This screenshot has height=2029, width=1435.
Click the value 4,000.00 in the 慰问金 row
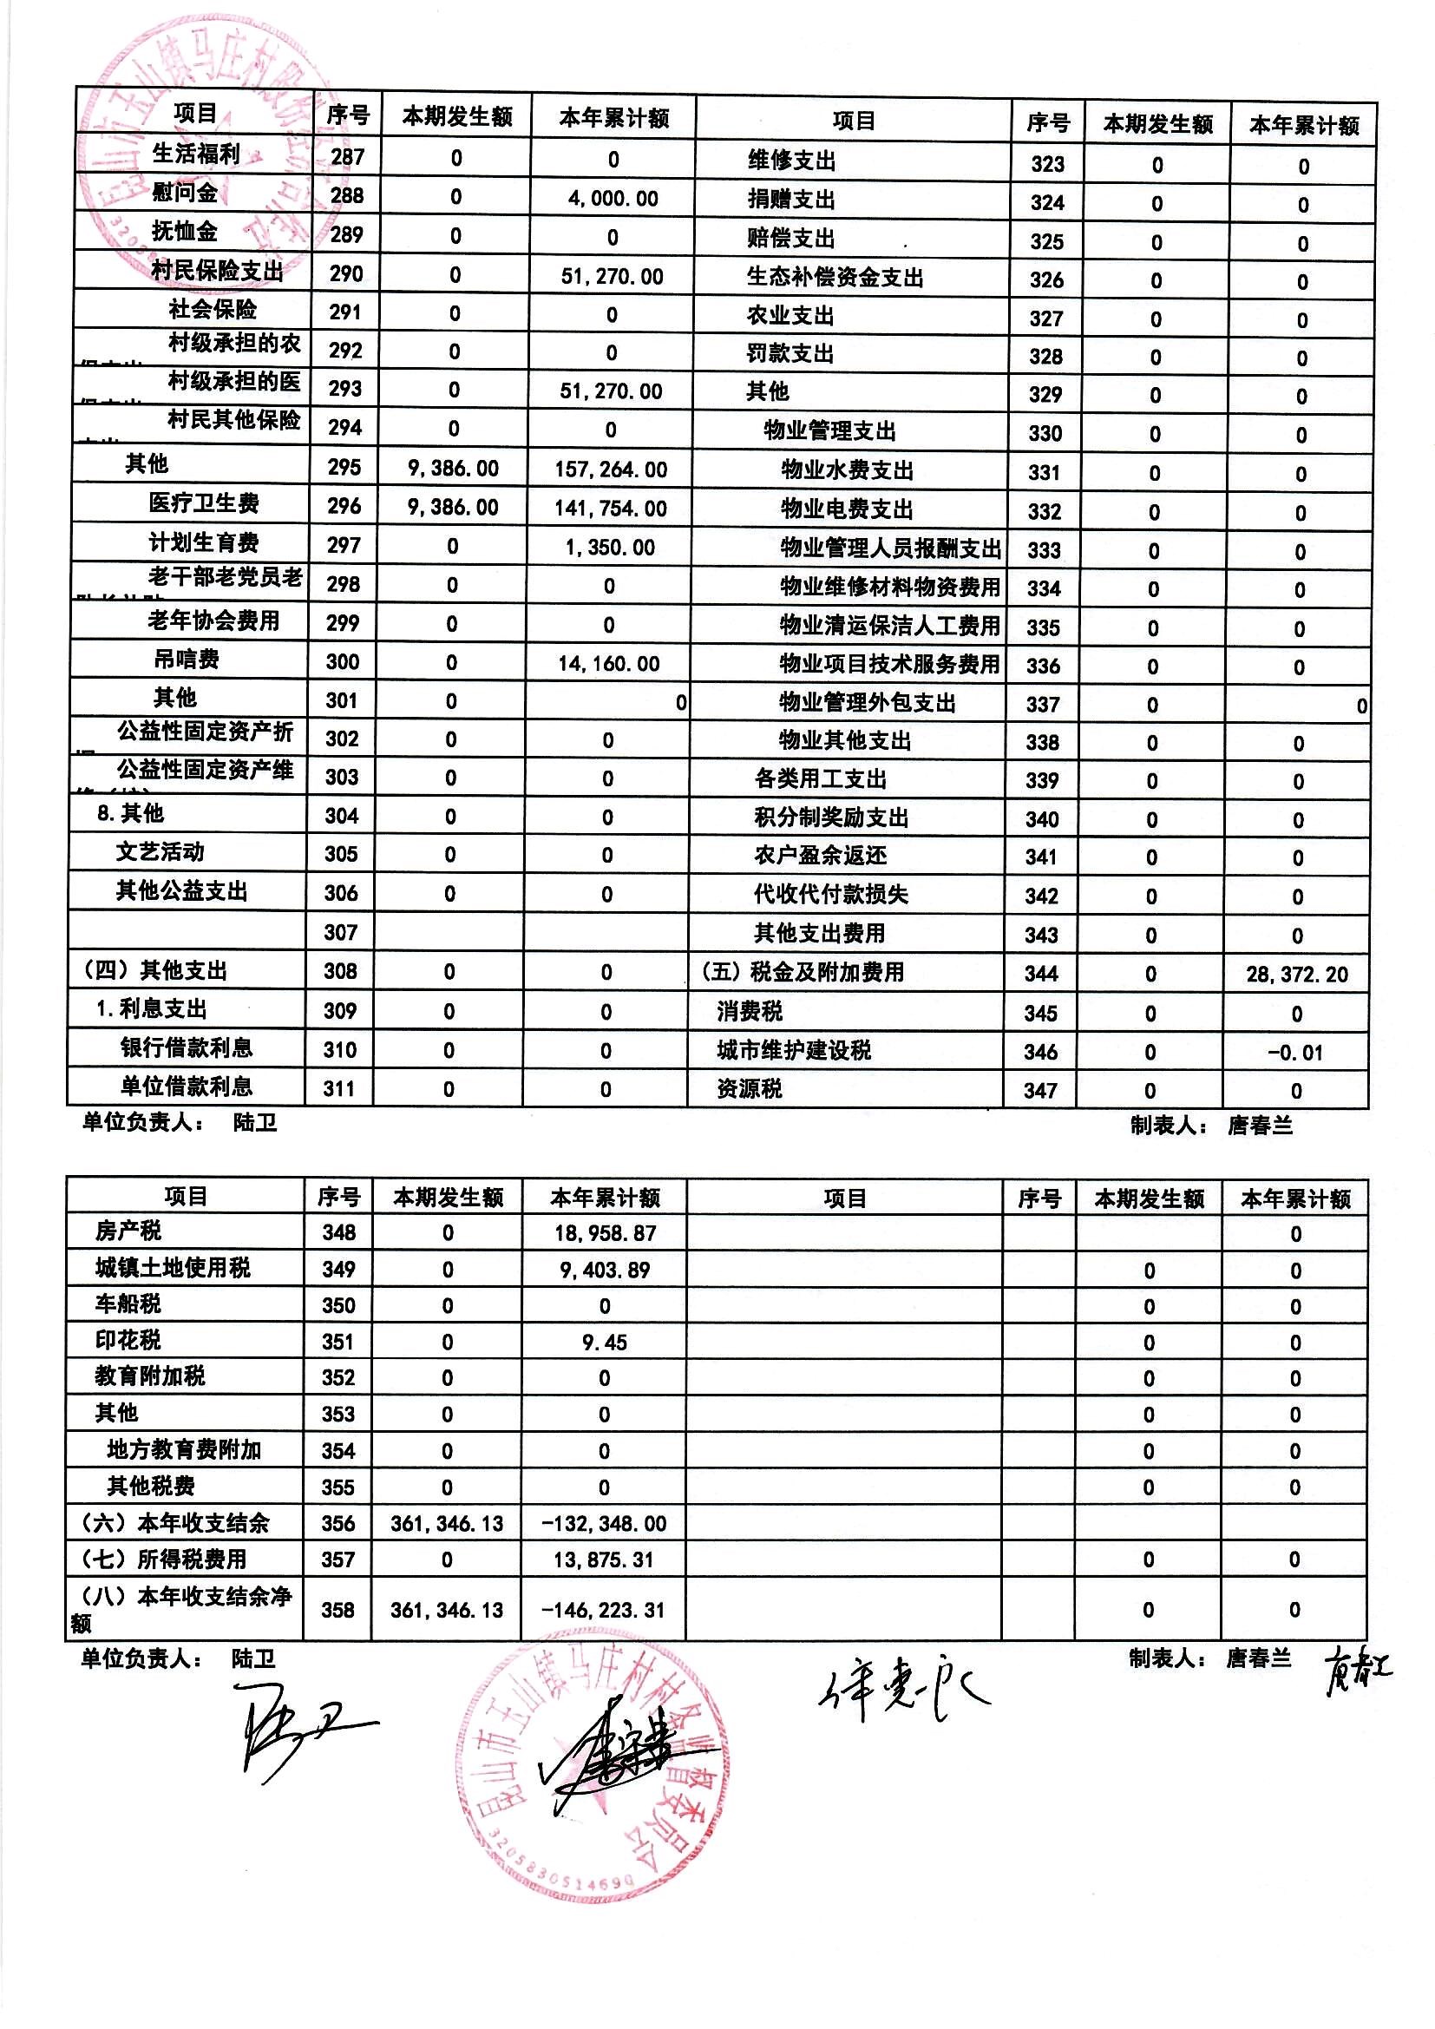click(613, 198)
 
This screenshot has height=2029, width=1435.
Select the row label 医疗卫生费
click(203, 503)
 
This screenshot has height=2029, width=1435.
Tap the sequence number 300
click(342, 661)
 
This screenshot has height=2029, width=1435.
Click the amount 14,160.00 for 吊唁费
click(609, 664)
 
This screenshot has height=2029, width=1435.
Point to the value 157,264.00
click(611, 469)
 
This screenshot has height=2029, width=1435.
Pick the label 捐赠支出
click(791, 200)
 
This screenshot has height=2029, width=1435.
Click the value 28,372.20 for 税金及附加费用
click(1296, 975)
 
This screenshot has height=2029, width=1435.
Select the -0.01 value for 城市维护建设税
click(1294, 1053)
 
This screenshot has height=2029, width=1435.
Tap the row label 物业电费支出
click(847, 509)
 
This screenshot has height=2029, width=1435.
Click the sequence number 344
click(1041, 974)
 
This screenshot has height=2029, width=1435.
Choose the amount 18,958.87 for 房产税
click(606, 1233)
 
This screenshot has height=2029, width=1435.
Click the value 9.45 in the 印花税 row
click(605, 1343)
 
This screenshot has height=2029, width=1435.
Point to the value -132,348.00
click(605, 1524)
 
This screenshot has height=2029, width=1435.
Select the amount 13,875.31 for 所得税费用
click(605, 1560)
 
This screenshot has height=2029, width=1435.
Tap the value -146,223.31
click(605, 1610)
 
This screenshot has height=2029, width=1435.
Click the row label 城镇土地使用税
click(173, 1268)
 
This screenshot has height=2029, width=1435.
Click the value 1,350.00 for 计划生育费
click(610, 547)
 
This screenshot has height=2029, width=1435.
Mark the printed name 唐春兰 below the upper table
click(1259, 1125)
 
